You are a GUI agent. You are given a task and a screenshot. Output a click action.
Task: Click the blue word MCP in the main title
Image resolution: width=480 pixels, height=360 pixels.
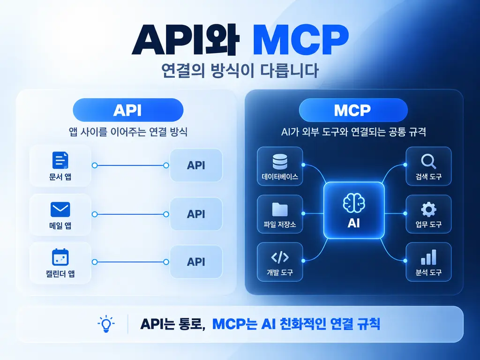click(300, 40)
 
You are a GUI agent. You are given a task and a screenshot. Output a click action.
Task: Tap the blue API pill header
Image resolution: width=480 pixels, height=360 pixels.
click(128, 110)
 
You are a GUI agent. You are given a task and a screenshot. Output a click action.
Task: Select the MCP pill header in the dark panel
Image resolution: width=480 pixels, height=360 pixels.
click(353, 110)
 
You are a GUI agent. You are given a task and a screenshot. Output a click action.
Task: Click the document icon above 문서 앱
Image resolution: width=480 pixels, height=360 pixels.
click(60, 160)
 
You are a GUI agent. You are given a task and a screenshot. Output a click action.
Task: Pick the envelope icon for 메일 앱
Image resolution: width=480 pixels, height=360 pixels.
click(60, 210)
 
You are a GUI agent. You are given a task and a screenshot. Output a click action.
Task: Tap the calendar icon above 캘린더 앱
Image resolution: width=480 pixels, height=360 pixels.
click(60, 257)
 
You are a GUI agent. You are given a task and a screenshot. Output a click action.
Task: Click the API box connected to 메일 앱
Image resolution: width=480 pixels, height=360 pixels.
click(196, 214)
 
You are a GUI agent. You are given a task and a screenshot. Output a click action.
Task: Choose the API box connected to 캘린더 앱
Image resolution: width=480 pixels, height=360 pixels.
click(196, 262)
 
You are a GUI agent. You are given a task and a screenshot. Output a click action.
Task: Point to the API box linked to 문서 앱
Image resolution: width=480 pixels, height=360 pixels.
click(196, 165)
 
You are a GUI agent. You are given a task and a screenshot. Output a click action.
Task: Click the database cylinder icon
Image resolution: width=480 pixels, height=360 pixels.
click(280, 161)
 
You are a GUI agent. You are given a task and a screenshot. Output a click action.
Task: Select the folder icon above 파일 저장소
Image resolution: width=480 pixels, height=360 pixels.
click(280, 210)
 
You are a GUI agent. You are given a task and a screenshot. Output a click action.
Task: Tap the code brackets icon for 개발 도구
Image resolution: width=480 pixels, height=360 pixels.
click(280, 257)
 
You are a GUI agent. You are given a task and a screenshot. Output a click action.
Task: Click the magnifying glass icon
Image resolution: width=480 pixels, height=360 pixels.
click(428, 161)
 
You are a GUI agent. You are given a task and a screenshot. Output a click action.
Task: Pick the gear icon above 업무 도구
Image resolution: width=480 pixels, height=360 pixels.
click(428, 210)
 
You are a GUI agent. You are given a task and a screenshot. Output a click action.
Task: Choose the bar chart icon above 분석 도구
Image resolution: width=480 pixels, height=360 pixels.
click(428, 257)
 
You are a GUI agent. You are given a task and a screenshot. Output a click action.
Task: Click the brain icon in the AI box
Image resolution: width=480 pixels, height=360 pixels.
click(354, 203)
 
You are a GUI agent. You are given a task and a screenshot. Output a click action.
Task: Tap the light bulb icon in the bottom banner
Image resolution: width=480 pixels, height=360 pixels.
click(106, 324)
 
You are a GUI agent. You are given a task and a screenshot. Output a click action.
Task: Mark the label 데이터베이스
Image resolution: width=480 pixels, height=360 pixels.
click(280, 177)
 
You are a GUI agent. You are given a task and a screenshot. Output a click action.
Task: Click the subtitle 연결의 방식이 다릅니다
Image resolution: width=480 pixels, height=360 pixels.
click(240, 71)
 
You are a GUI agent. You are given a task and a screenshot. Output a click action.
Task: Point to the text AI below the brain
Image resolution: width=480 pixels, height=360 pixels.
click(354, 223)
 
